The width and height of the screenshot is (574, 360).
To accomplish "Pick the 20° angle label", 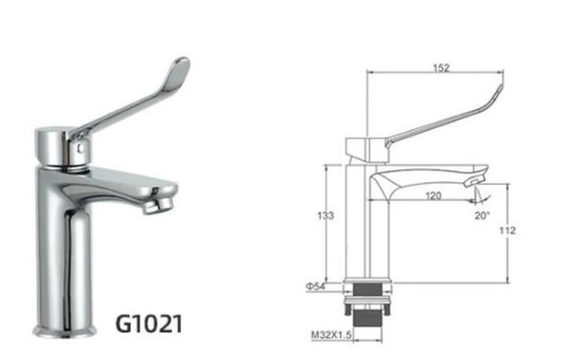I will tap(481, 215).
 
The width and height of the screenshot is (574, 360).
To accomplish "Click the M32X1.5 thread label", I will tap(329, 333).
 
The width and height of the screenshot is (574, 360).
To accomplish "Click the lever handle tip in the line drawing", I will tap(497, 91).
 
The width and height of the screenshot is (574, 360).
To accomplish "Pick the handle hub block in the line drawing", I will tap(363, 148).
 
